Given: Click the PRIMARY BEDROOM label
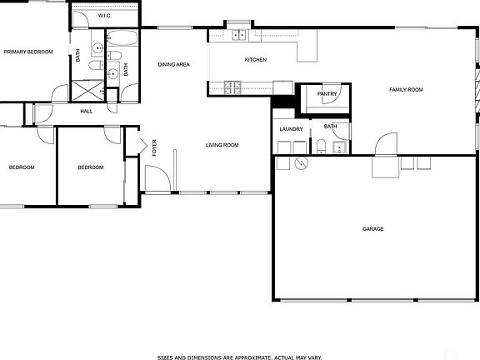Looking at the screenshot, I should click(x=27, y=52).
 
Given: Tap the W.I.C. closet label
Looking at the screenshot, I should click(x=104, y=16).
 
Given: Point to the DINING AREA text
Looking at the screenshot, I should click(x=174, y=64).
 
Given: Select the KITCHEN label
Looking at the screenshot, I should click(x=255, y=60).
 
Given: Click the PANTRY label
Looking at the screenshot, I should click(x=327, y=94).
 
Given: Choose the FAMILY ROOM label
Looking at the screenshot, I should click(x=406, y=89).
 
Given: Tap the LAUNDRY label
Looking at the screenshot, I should click(x=291, y=129).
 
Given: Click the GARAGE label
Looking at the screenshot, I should click(x=372, y=228).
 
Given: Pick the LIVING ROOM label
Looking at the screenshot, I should click(x=222, y=145).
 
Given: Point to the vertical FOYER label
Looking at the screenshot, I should click(x=154, y=148).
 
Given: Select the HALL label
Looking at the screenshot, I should click(x=87, y=111).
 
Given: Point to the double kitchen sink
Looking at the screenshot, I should click(x=239, y=34).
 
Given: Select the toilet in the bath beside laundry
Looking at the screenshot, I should click(x=321, y=147).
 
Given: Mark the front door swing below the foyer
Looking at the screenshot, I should click(x=157, y=178).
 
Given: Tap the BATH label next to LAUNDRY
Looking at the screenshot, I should click(x=331, y=127).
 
